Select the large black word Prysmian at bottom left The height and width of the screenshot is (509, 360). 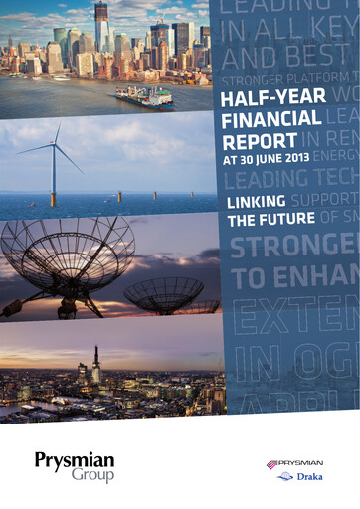pyautogui.click(x=76, y=460)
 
